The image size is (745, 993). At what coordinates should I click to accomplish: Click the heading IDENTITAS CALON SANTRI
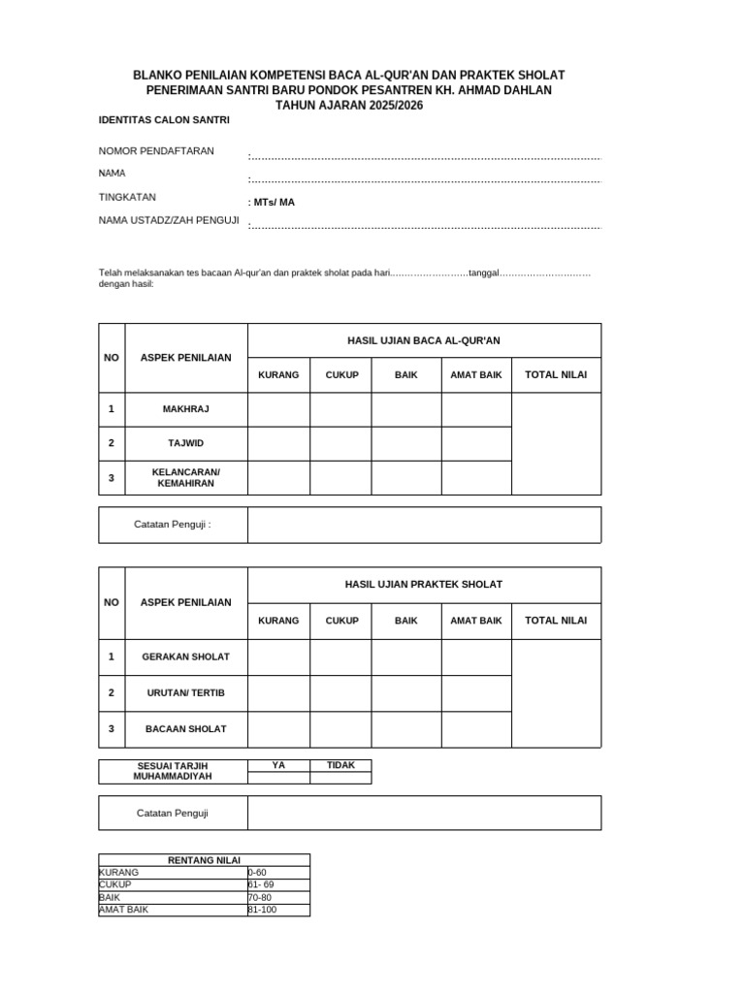164,120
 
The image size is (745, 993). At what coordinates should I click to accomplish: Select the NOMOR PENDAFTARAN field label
156,151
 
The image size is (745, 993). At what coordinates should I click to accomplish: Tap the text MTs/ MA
272,203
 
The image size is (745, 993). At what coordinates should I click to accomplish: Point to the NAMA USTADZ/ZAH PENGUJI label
169,221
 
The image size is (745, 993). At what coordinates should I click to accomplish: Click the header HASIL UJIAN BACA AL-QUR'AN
424,340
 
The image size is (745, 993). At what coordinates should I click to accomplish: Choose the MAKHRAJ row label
185,409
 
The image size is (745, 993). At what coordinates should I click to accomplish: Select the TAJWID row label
185,443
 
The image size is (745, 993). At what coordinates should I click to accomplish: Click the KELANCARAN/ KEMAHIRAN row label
185,477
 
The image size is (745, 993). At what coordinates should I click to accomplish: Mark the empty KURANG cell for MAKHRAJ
278,409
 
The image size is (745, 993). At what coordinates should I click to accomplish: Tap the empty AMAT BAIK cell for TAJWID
476,443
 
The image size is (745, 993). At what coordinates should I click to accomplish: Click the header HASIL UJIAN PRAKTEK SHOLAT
424,585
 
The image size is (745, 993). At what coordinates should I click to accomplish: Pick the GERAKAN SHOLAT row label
185,657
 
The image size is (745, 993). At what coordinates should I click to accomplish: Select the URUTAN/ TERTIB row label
185,692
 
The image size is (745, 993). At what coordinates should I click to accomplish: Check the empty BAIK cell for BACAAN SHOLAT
405,728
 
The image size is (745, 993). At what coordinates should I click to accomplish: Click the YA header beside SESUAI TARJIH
278,765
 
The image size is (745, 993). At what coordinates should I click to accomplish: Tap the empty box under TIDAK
340,778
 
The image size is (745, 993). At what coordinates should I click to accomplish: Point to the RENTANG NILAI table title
204,860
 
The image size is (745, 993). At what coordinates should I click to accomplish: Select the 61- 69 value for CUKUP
262,884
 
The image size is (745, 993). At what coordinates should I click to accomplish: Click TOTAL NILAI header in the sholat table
556,621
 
